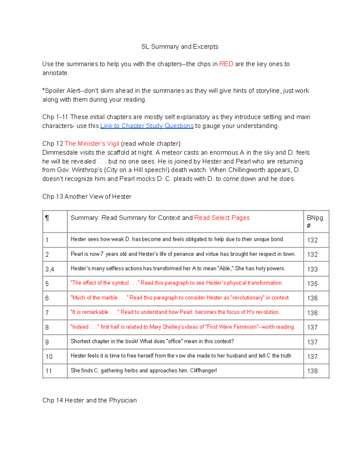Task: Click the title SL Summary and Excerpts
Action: click(x=180, y=47)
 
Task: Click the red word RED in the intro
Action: click(x=226, y=64)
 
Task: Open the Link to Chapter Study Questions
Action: click(x=147, y=126)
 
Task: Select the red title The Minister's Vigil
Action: click(x=92, y=143)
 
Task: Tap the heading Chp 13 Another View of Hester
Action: click(x=87, y=197)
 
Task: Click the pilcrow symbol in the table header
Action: click(x=47, y=218)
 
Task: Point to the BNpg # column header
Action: click(x=315, y=221)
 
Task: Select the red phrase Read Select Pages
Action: click(x=222, y=218)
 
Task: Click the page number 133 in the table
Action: click(x=312, y=269)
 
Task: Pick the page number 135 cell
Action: click(x=312, y=284)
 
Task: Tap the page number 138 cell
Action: click(x=312, y=371)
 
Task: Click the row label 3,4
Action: click(x=50, y=269)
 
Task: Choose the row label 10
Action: click(x=49, y=356)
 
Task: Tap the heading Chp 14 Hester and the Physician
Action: click(x=89, y=400)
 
